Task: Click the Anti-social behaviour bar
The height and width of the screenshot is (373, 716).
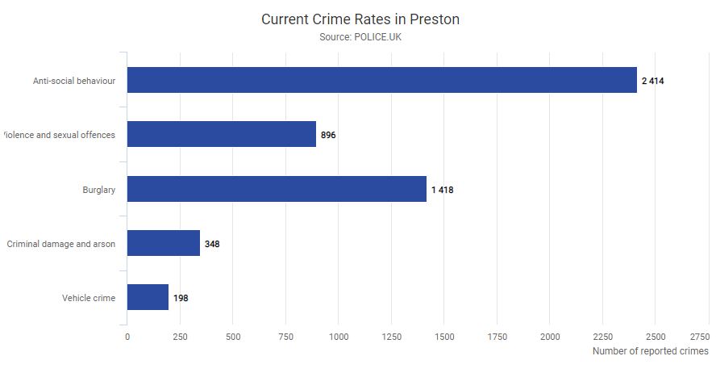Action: [381, 80]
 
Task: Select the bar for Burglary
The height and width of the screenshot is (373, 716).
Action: [277, 189]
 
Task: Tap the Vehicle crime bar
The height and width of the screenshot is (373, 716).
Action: [148, 297]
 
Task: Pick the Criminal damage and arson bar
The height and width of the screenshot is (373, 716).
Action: [163, 243]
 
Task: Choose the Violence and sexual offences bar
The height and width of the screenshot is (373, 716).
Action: [222, 134]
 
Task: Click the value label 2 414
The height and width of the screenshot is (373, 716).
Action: [652, 81]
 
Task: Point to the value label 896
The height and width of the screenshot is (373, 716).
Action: [328, 135]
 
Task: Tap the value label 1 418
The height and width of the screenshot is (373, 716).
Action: [443, 190]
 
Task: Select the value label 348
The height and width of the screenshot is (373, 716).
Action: [211, 244]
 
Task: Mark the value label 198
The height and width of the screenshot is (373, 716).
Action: [181, 298]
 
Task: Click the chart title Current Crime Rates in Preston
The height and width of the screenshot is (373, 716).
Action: [360, 19]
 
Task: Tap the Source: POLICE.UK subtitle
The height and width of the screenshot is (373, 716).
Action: [360, 38]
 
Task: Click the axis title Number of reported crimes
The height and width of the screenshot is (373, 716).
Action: [650, 351]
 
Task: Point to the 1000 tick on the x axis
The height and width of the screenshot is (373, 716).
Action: [338, 336]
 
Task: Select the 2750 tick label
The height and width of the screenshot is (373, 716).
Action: [699, 336]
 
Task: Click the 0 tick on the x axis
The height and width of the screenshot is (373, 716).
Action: [127, 336]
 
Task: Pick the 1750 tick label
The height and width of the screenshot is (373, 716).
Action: [497, 336]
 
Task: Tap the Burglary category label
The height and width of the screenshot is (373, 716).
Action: [98, 190]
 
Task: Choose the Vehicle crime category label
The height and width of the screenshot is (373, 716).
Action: [89, 298]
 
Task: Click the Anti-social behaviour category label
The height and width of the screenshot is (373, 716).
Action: [74, 81]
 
